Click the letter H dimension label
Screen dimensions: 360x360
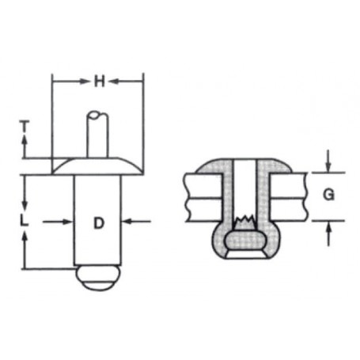pyautogui.click(x=98, y=81)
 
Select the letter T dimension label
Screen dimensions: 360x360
pyautogui.click(x=25, y=124)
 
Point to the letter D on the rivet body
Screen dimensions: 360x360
pyautogui.click(x=98, y=222)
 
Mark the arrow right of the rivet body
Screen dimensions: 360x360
pyautogui.click(x=131, y=222)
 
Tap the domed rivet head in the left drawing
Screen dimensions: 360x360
pyautogui.click(x=98, y=166)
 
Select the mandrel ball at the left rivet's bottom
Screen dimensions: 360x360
pyautogui.click(x=98, y=279)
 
